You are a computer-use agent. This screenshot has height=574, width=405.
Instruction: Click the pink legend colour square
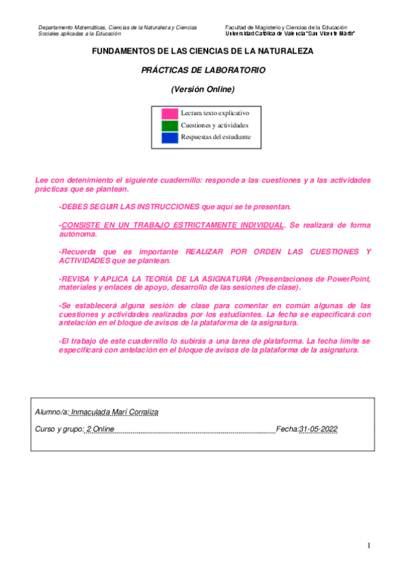point(170,114)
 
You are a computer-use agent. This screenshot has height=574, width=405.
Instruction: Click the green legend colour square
point(170,125)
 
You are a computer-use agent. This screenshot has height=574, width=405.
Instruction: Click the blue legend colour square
point(170,137)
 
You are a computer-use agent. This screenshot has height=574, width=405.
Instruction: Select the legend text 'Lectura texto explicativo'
point(215,114)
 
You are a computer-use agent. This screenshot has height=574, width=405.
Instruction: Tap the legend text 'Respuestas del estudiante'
point(216,137)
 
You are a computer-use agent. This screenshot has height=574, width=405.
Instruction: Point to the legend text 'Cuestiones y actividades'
point(214,125)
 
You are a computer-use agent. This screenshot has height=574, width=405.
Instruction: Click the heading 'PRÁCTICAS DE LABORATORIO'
point(203,70)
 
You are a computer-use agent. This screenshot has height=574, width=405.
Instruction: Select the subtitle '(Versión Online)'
point(203,89)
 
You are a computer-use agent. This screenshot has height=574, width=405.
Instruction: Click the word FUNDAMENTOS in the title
point(120,51)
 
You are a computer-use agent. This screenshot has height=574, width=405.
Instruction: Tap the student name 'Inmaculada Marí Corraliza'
point(114,412)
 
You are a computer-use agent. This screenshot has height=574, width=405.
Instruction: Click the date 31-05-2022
point(318,429)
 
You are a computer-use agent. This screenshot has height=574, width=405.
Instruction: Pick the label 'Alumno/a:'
point(51,412)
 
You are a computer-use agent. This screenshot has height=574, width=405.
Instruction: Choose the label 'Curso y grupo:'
point(59,429)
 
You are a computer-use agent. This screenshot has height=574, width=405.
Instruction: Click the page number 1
point(369,546)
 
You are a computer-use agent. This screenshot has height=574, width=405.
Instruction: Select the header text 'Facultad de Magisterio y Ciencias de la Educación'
point(286,27)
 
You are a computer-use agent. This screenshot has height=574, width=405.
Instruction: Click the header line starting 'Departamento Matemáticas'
point(118,27)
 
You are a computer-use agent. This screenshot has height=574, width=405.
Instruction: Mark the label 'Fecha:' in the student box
point(287,429)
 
